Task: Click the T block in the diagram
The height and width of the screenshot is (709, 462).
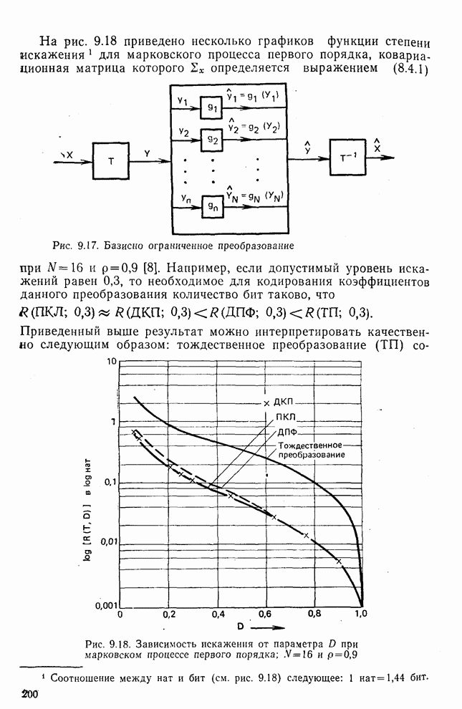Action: pyautogui.click(x=110, y=161)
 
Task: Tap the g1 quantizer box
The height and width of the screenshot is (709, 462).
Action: pyautogui.click(x=213, y=105)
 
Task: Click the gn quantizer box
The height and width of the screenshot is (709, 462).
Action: pyautogui.click(x=213, y=206)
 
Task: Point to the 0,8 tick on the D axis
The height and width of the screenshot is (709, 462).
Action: pyautogui.click(x=314, y=614)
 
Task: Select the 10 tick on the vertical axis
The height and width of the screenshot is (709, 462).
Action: pyautogui.click(x=111, y=362)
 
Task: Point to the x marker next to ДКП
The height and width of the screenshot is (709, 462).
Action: pyautogui.click(x=266, y=404)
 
